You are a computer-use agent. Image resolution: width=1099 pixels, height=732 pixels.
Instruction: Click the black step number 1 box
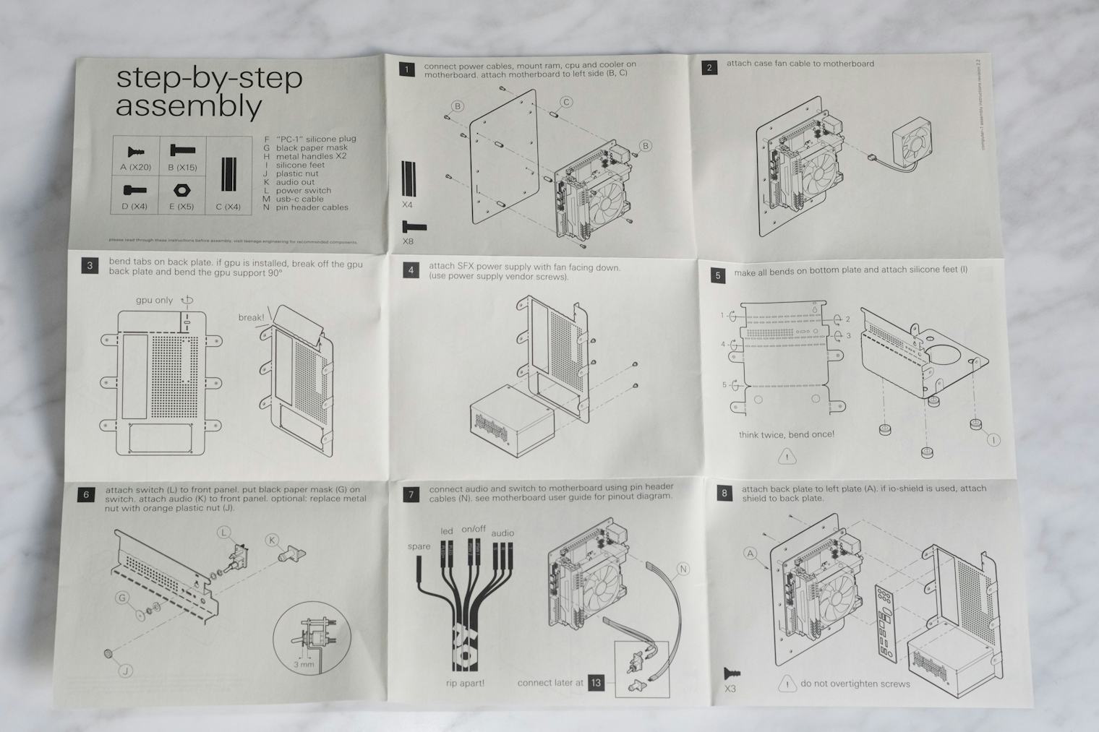(407, 69)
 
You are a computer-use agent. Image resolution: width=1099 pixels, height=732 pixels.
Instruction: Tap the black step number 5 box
(717, 275)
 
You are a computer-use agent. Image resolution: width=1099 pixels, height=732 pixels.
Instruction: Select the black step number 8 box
(724, 494)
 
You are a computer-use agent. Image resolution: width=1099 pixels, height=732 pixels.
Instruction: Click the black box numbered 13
(596, 682)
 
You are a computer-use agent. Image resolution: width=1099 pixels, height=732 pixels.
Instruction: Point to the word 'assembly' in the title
(189, 106)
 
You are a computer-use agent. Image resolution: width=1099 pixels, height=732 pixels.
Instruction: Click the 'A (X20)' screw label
(135, 168)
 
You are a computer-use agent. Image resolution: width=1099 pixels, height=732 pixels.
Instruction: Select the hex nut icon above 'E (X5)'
(181, 190)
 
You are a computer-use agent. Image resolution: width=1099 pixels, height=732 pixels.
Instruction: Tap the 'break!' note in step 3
(251, 317)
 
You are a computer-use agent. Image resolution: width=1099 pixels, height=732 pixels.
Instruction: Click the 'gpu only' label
(154, 300)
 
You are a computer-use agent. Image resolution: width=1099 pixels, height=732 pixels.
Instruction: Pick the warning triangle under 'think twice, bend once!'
(787, 457)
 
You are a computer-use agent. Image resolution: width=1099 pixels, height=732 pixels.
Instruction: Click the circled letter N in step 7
(683, 569)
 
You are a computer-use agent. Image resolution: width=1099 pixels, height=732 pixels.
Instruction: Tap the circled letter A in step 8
(751, 554)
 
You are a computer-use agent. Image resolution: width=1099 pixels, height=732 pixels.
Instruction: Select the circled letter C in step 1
(566, 102)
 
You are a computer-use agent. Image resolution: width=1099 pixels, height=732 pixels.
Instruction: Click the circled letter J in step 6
(125, 671)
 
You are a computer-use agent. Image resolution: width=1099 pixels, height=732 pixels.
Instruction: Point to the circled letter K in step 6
(272, 540)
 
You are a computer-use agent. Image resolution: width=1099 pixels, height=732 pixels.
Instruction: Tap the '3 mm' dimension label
(304, 664)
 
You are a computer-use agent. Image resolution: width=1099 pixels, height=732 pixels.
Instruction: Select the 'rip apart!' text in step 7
(465, 683)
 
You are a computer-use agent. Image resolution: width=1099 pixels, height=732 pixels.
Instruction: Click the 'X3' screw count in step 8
(730, 689)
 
